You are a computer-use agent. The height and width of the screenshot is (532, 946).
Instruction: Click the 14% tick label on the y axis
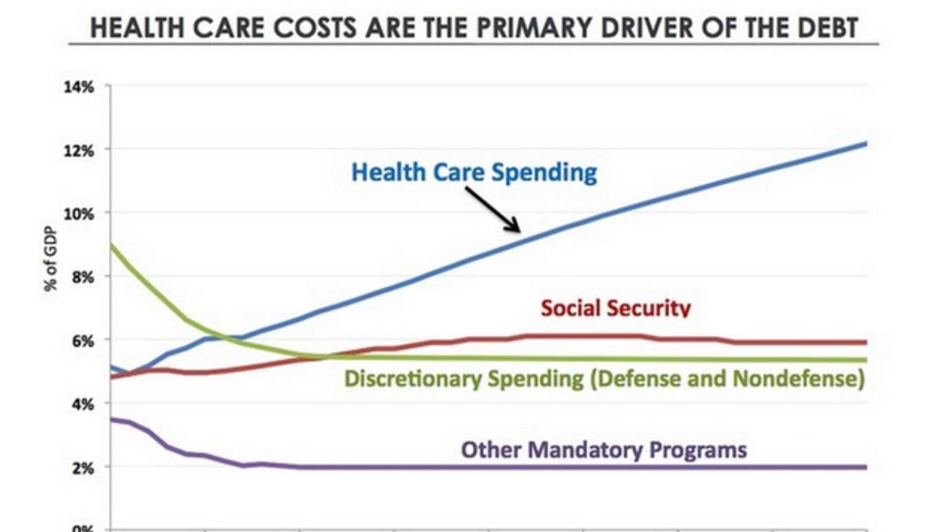(x=79, y=87)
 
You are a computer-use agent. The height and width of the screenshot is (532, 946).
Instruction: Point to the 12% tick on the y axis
(x=79, y=151)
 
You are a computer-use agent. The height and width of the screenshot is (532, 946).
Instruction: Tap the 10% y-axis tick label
(x=79, y=214)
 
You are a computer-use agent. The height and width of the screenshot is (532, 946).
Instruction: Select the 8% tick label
(x=82, y=277)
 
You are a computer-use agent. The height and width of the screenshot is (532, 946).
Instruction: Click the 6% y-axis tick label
(x=82, y=341)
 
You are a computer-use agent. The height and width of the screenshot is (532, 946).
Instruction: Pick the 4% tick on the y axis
(x=82, y=405)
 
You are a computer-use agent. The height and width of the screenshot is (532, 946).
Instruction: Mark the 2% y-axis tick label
(x=82, y=468)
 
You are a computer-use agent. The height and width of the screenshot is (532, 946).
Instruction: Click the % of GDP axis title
(x=51, y=259)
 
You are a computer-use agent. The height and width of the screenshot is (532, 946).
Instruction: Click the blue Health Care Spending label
(x=474, y=172)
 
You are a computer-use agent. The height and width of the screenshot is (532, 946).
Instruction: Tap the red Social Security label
(x=615, y=307)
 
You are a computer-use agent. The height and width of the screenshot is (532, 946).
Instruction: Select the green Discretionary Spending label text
(x=604, y=378)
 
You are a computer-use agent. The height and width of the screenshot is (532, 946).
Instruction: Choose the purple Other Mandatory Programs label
(x=604, y=450)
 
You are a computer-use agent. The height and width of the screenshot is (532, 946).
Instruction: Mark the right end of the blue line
(x=866, y=144)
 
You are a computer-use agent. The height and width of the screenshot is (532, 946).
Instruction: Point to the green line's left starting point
(x=112, y=245)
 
